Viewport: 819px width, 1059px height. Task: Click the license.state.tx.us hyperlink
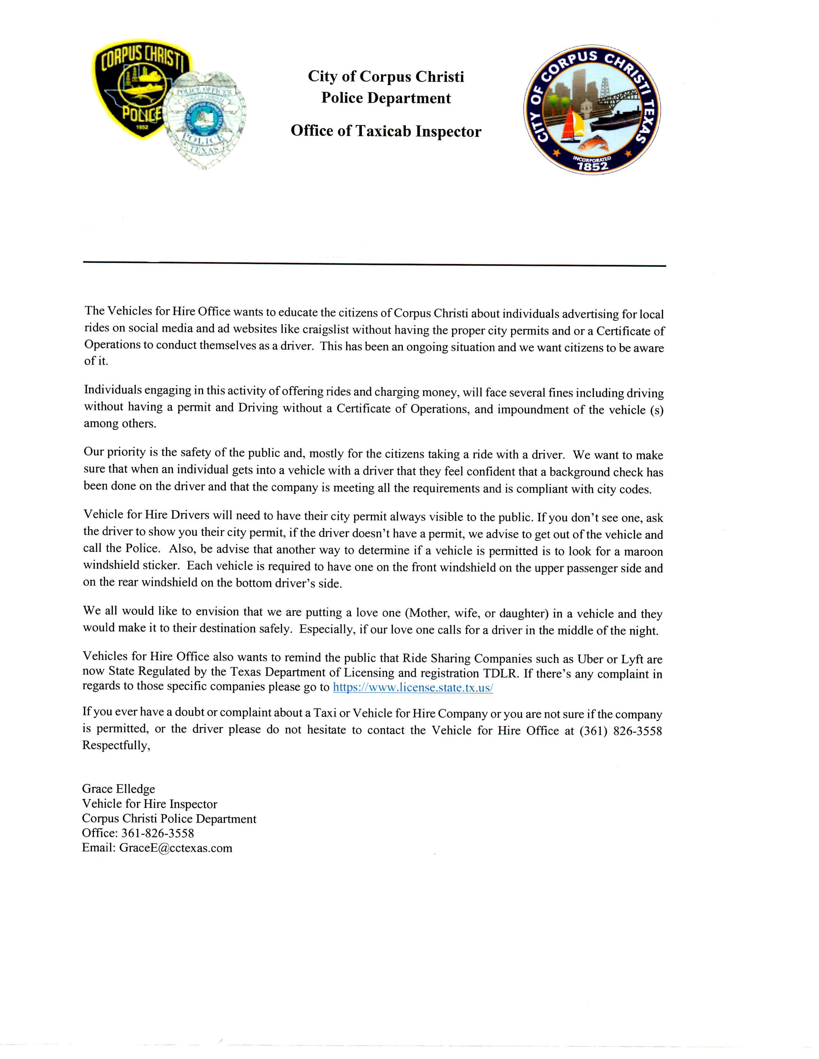point(413,688)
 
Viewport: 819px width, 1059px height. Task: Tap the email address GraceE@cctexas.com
point(176,848)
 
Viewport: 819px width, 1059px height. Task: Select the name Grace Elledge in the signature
point(119,789)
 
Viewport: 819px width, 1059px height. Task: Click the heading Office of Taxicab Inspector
point(386,131)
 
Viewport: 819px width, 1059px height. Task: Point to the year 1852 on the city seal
point(592,166)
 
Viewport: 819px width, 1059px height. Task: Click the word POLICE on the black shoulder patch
point(141,114)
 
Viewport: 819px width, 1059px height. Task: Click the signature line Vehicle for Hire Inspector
point(149,804)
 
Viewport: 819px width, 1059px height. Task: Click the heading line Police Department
point(386,99)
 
